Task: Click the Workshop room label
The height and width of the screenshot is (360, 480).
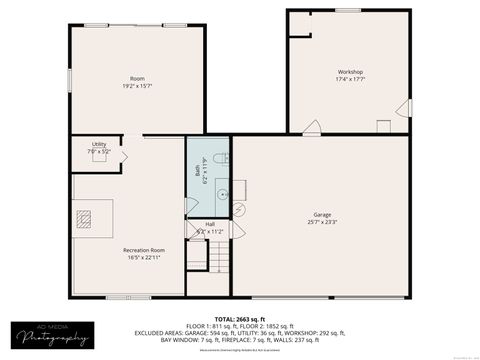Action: point(349,72)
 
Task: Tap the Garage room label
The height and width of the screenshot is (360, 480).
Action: point(322,215)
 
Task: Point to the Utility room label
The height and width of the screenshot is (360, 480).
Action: point(99,144)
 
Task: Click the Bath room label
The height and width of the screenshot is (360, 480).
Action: point(197,167)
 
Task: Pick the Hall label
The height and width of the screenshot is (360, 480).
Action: point(210,224)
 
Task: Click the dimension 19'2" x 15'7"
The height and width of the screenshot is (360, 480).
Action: point(137,86)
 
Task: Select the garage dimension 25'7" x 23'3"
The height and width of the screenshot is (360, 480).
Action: point(322,222)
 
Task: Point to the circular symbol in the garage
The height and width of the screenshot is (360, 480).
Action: point(239,208)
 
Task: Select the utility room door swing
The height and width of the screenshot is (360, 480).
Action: point(123,156)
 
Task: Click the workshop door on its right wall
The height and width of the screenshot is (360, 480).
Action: point(403,106)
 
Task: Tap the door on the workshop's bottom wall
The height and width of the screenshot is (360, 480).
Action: point(312,127)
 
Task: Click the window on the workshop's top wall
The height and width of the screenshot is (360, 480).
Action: point(348,10)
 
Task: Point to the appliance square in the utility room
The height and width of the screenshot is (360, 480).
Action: point(99,156)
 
